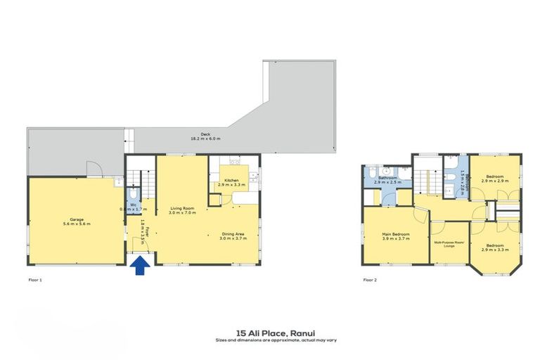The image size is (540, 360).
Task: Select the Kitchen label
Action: coord(232,181)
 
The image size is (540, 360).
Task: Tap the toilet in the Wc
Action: coord(134,194)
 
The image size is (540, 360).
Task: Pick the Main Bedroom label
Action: coord(395,234)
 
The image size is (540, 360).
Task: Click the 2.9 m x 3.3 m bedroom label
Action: coord(495,247)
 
